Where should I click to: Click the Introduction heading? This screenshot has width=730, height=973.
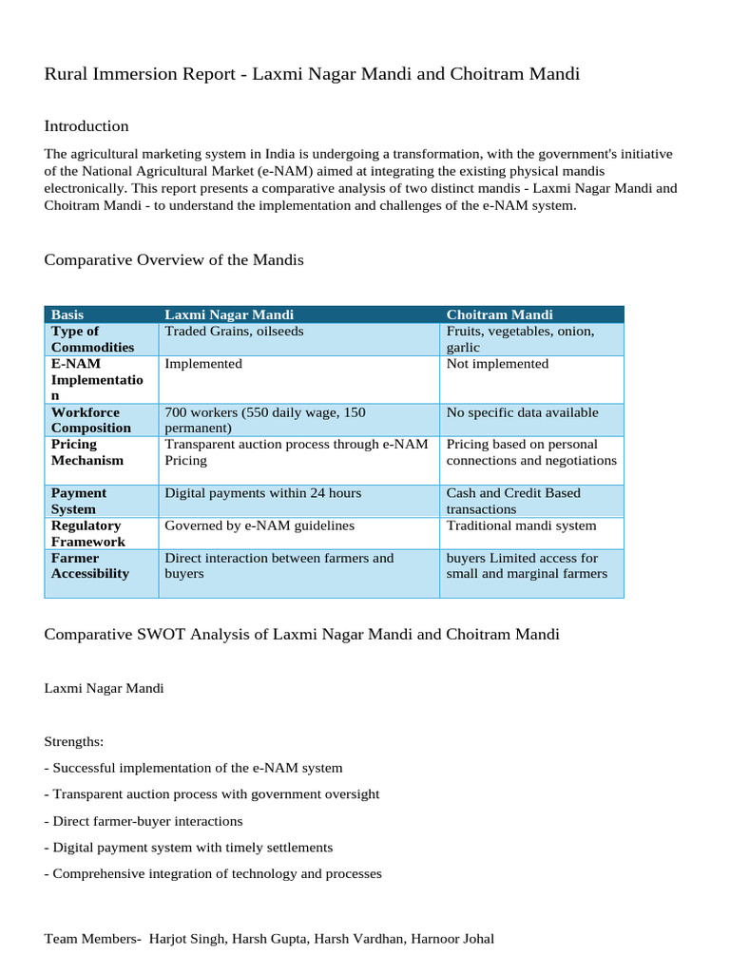(x=86, y=126)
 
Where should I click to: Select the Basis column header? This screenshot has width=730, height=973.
(x=67, y=315)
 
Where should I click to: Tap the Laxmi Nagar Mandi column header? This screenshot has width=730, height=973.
(x=229, y=315)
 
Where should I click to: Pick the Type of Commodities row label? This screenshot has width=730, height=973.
(x=92, y=339)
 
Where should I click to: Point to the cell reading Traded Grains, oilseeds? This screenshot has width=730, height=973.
(x=235, y=332)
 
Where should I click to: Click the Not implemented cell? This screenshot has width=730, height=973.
(x=497, y=364)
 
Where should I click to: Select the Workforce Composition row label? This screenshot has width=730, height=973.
(x=91, y=420)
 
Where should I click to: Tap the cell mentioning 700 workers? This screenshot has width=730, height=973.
(x=265, y=420)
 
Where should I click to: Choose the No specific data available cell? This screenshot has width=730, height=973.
(x=522, y=412)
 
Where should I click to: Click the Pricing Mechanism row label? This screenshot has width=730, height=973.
(x=87, y=452)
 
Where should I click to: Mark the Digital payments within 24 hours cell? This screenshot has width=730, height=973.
(x=262, y=493)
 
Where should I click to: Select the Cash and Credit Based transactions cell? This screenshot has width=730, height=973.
(x=513, y=501)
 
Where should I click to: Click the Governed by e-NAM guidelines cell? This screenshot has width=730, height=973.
(x=259, y=525)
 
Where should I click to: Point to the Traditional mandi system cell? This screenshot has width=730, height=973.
(x=521, y=525)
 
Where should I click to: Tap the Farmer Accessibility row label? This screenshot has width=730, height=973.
(x=89, y=565)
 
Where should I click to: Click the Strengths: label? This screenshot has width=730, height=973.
(x=74, y=740)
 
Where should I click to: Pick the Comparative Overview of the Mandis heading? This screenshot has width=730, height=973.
(x=174, y=259)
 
